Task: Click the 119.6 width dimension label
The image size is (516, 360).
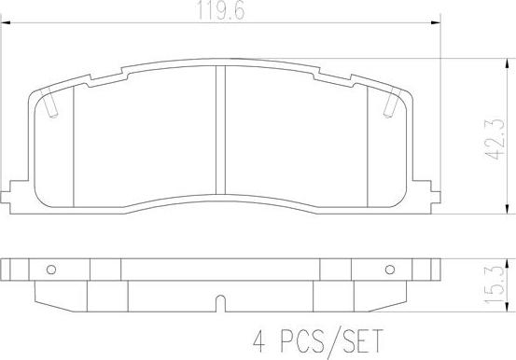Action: pos(221,9)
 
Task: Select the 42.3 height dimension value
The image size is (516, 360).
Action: pos(495,140)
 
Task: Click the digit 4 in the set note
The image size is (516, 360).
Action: pos(259,341)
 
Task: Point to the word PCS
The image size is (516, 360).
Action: pos(301,341)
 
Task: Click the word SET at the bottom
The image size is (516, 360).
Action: pos(362,341)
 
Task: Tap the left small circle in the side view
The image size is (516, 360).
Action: pos(51,270)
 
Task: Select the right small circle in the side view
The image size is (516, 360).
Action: pos(390,270)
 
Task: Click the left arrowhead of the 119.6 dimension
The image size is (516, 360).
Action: pos(6,23)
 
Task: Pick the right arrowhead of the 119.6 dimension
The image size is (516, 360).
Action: pos(436,23)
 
